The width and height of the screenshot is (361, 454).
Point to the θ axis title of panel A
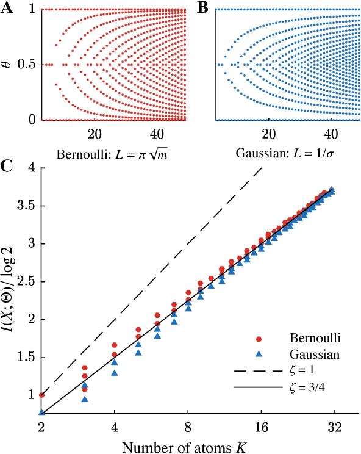click(8, 64)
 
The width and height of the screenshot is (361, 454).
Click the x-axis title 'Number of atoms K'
click(187, 444)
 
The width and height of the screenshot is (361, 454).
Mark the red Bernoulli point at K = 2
click(41, 395)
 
